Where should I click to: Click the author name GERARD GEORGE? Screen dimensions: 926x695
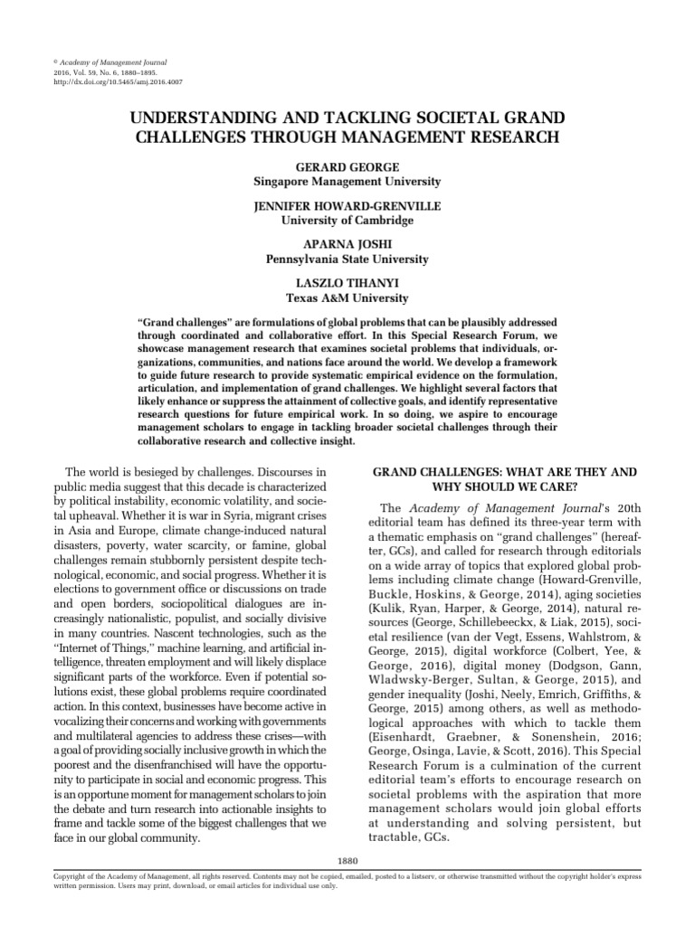(347, 168)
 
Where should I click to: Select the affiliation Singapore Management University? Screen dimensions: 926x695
(347, 182)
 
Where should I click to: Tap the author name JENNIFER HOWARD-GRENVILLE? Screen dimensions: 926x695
(347, 207)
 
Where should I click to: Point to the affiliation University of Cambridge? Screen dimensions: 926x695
(347, 221)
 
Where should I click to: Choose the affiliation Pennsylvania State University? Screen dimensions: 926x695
(347, 260)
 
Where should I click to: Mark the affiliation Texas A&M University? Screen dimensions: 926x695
(347, 298)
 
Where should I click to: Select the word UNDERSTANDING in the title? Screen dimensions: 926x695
(206, 118)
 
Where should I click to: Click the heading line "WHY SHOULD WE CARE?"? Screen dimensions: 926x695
(505, 487)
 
